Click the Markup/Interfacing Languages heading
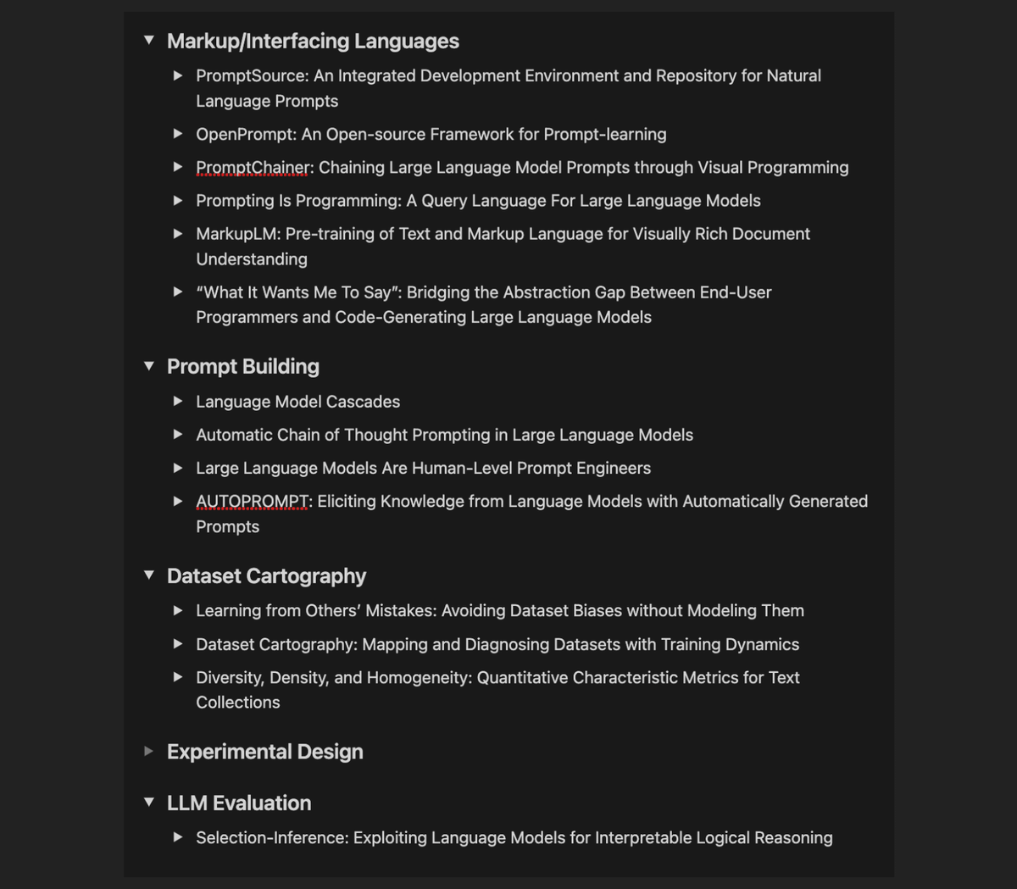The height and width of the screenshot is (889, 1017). (x=313, y=41)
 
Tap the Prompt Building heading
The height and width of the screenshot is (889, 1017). (x=243, y=366)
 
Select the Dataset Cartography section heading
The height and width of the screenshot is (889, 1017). (x=266, y=575)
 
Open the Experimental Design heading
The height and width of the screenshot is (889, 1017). (x=264, y=752)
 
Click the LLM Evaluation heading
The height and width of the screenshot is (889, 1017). (x=239, y=803)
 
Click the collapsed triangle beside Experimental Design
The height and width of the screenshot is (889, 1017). (x=149, y=751)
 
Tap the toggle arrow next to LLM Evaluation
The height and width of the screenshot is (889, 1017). (x=149, y=802)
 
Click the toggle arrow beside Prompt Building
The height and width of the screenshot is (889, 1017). (x=149, y=366)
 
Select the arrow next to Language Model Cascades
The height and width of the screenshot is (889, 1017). (x=178, y=401)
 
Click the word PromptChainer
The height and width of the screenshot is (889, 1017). (x=253, y=167)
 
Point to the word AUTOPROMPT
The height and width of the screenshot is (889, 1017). (x=253, y=501)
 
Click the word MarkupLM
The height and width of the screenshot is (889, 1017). (x=237, y=233)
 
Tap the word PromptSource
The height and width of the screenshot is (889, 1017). (x=252, y=75)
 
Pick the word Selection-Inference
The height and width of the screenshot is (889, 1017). (x=271, y=837)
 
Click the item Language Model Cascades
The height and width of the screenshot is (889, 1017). (x=297, y=401)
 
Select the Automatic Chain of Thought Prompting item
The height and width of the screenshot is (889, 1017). (x=444, y=435)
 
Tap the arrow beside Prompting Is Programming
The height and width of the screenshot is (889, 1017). (x=178, y=200)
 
